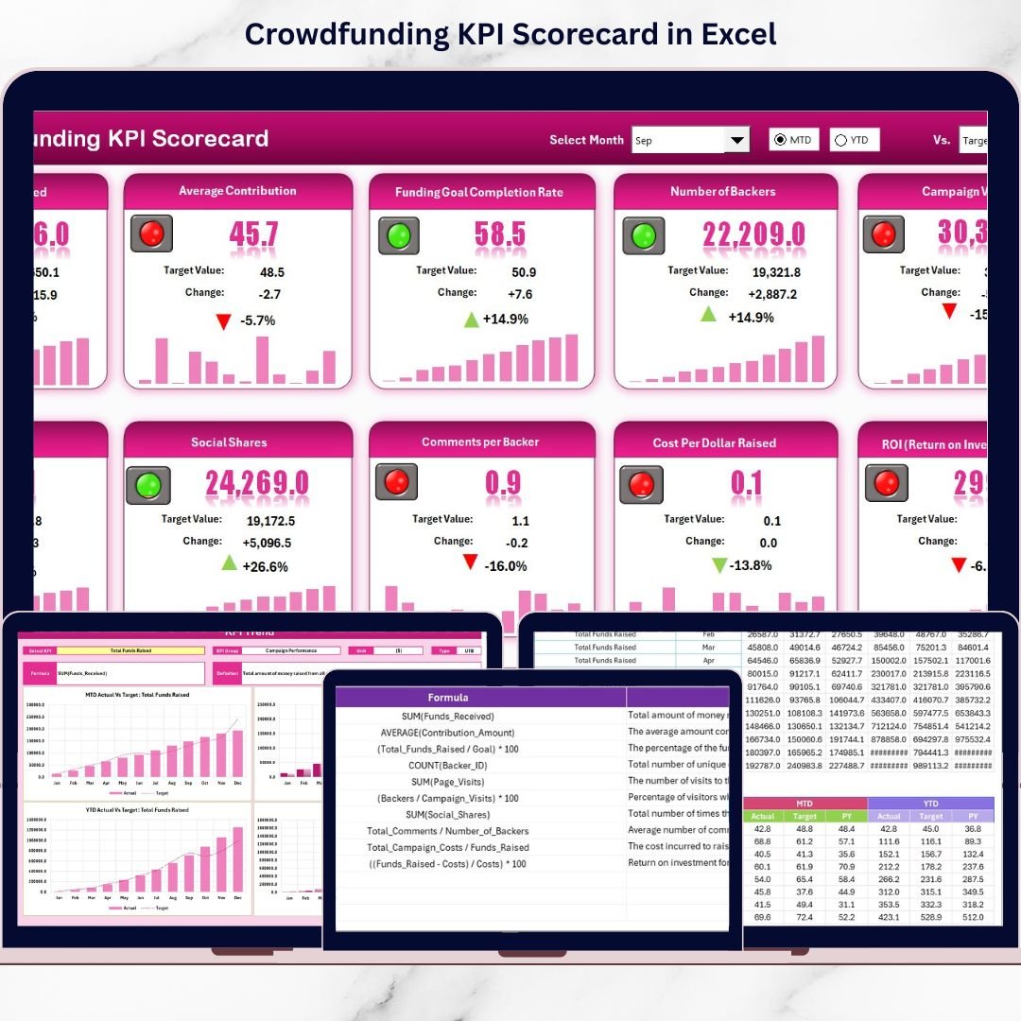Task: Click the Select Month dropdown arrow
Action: pyautogui.click(x=736, y=140)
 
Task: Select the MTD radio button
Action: pyautogui.click(x=780, y=140)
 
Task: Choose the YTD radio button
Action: pyautogui.click(x=840, y=140)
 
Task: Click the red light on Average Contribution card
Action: pyautogui.click(x=151, y=233)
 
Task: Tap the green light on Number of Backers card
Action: pyautogui.click(x=643, y=234)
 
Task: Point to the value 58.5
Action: pyautogui.click(x=500, y=234)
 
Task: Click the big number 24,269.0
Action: pyautogui.click(x=257, y=483)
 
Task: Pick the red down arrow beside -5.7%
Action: pyautogui.click(x=223, y=321)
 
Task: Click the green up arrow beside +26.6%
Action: pyautogui.click(x=229, y=563)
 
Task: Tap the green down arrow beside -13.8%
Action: pyautogui.click(x=719, y=565)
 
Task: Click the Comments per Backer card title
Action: pyautogui.click(x=480, y=442)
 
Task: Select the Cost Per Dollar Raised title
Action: pyautogui.click(x=714, y=442)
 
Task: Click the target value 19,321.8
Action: pyautogui.click(x=748, y=272)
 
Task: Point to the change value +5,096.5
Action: pyautogui.click(x=267, y=543)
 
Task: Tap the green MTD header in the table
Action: pyautogui.click(x=805, y=803)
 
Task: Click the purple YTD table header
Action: pyautogui.click(x=930, y=803)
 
